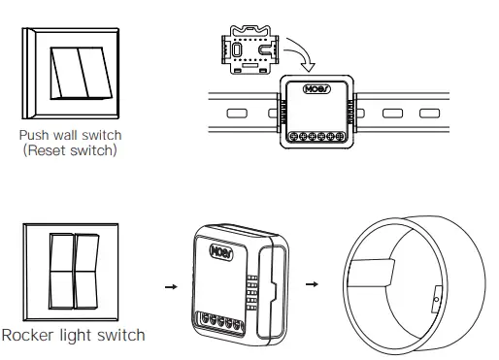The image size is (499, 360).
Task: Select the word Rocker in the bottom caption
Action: pyautogui.click(x=27, y=335)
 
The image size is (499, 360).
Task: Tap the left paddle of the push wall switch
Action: pyautogui.click(x=69, y=73)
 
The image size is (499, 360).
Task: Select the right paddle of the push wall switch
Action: pyautogui.click(x=95, y=73)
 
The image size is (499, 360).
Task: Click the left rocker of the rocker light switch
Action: pyautogui.click(x=61, y=271)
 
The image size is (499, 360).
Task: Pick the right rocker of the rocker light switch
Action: pyautogui.click(x=86, y=271)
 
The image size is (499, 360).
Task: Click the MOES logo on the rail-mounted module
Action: pyautogui.click(x=316, y=89)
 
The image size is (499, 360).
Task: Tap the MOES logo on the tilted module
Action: pyautogui.click(x=221, y=252)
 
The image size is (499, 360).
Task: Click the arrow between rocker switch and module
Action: pyautogui.click(x=171, y=286)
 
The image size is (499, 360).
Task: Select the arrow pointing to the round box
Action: pyautogui.click(x=312, y=284)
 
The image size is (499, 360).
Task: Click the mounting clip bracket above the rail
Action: pyautogui.click(x=249, y=49)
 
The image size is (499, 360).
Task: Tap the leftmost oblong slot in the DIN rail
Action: pyautogui.click(x=237, y=114)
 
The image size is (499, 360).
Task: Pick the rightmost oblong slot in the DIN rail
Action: pyautogui.click(x=429, y=114)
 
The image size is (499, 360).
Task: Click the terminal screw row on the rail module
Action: pyautogui.click(x=316, y=137)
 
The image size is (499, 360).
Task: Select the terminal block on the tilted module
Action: pyautogui.click(x=221, y=322)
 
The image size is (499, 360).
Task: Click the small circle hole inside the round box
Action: pyautogui.click(x=436, y=300)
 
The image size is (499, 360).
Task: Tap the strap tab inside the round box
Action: pyautogui.click(x=371, y=273)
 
